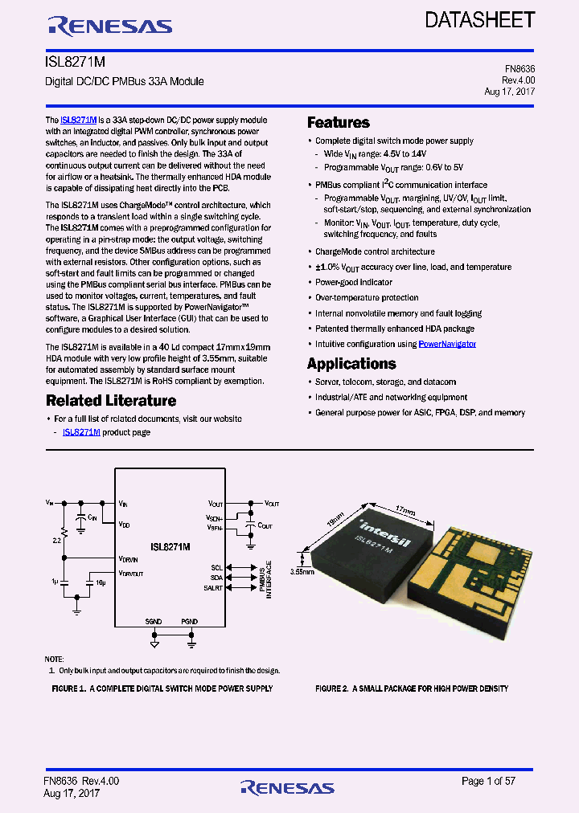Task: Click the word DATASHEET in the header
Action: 480,20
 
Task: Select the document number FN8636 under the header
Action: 519,69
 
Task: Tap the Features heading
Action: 339,123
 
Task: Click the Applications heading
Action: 351,364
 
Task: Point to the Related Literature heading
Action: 111,400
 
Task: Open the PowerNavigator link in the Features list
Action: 447,344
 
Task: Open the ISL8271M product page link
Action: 81,432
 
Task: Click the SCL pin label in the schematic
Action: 217,567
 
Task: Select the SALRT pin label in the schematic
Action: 214,588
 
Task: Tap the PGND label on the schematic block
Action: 189,622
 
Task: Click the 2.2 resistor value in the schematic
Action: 55,540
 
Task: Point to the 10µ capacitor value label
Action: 101,581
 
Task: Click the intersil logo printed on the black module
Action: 384,531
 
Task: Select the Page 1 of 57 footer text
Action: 495,781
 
